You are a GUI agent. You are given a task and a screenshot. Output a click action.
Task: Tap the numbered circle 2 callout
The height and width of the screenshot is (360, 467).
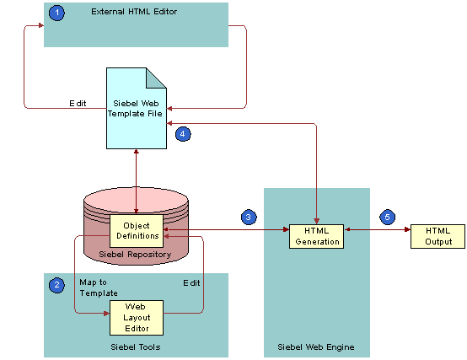click(56, 285)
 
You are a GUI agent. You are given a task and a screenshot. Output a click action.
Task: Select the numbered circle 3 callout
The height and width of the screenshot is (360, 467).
click(248, 217)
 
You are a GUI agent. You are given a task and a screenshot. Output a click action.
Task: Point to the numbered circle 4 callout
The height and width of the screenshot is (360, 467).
click(182, 133)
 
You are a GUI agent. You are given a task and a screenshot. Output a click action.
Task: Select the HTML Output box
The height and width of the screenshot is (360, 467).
click(437, 236)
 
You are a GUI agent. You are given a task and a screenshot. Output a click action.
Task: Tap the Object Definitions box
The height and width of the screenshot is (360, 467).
click(136, 231)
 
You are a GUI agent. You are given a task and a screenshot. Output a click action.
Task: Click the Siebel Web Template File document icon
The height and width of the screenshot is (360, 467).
click(136, 110)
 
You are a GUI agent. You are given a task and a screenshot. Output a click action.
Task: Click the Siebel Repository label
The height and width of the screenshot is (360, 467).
click(136, 254)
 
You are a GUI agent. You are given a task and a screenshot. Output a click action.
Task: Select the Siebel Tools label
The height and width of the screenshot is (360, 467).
click(135, 346)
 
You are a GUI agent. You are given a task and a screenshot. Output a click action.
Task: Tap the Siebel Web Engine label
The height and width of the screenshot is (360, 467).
click(315, 347)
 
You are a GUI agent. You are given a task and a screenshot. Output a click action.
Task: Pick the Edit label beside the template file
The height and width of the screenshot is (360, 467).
click(78, 103)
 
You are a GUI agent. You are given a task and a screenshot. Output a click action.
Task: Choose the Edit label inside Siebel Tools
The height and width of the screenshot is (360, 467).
click(191, 282)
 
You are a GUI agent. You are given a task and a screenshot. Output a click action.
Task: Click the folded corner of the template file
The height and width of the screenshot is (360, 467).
click(157, 78)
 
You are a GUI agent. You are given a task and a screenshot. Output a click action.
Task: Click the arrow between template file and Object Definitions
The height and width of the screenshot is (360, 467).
click(136, 181)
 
